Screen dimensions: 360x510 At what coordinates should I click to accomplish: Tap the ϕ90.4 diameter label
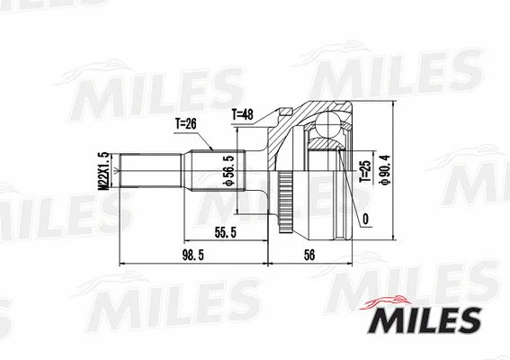[386, 172]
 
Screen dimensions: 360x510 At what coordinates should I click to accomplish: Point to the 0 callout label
[366, 218]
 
